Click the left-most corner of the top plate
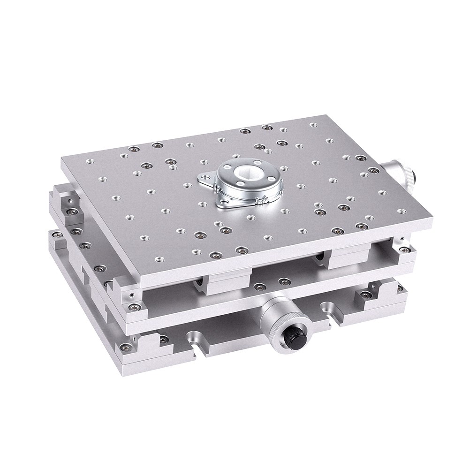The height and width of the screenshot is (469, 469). click(62, 160)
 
